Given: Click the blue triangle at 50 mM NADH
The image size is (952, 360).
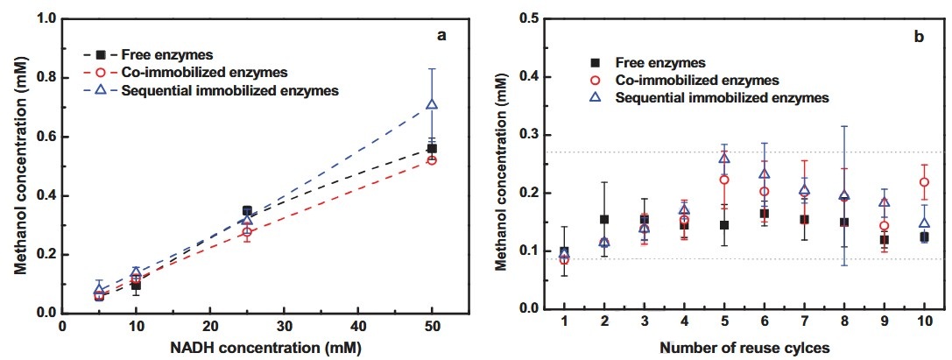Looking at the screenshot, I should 431,105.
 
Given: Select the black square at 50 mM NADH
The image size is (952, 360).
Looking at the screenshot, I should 431,148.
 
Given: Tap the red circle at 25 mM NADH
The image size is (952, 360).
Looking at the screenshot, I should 247,232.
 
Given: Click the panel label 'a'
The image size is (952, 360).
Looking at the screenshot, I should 442,36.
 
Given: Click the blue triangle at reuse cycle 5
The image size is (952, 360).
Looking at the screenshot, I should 724,158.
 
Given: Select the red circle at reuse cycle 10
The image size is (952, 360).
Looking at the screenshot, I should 923,182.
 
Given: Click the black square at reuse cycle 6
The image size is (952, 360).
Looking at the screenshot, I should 764,214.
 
